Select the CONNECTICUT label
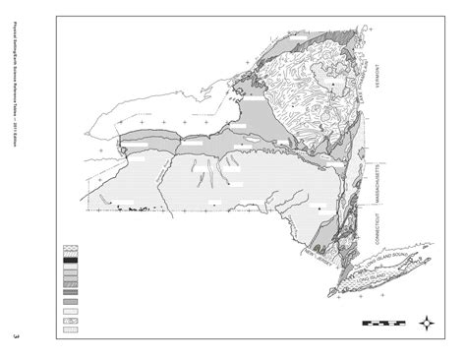[377, 231]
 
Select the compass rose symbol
[429, 322]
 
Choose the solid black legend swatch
[72, 260]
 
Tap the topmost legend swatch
[72, 248]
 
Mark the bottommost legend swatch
[72, 329]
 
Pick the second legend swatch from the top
[72, 254]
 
